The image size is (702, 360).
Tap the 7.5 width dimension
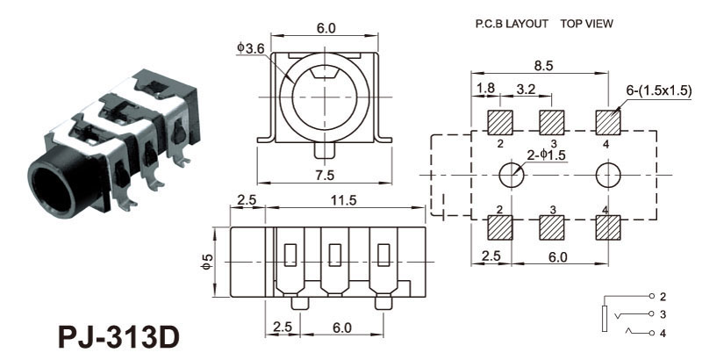[325, 174]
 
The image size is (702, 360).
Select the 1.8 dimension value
[484, 89]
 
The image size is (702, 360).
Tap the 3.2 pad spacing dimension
[526, 89]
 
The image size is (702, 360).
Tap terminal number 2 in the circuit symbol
[663, 296]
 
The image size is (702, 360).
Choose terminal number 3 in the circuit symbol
[663, 313]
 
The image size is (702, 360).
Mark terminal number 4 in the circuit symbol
[663, 333]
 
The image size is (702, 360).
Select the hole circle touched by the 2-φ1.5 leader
[512, 175]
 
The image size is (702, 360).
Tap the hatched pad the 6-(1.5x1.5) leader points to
[607, 120]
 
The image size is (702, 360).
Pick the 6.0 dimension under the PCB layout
[557, 257]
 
